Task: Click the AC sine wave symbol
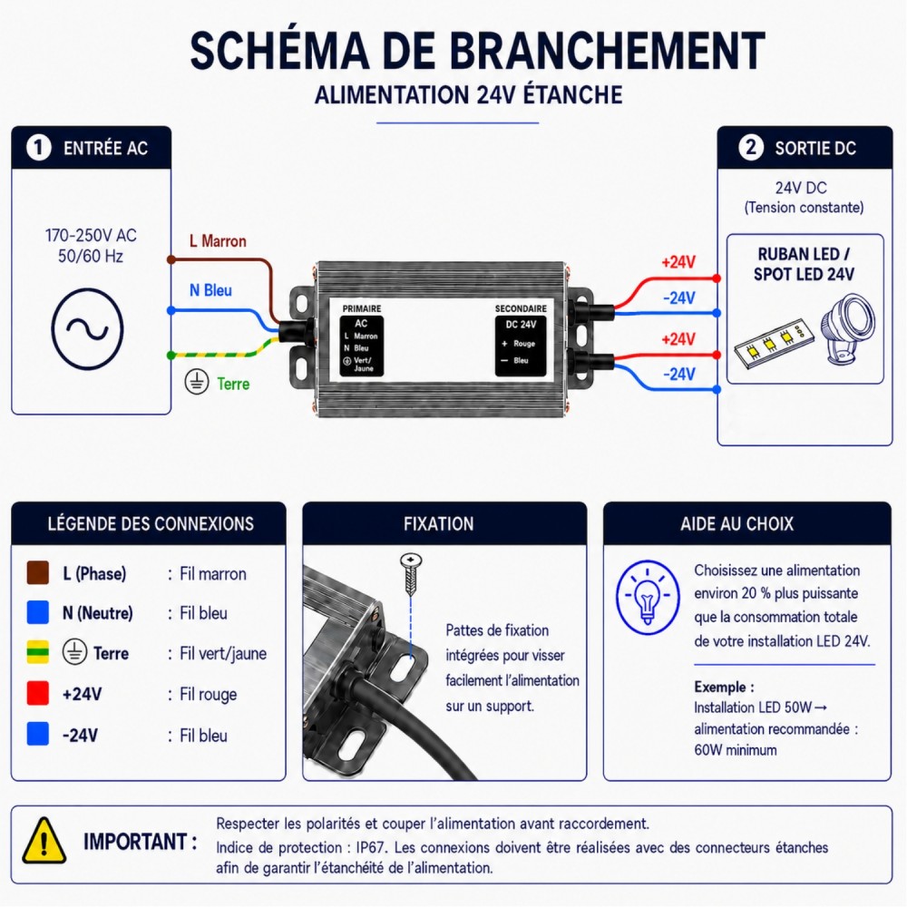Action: [87, 328]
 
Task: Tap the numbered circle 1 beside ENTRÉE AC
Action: [39, 148]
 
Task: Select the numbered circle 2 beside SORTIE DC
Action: [751, 148]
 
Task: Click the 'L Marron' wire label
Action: [218, 240]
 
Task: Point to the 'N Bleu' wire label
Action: [210, 290]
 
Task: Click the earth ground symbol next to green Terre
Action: [197, 383]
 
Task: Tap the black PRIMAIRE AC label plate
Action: [362, 346]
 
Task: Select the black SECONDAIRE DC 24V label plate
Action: [521, 346]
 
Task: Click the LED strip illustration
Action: [772, 346]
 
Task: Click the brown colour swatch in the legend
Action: [38, 572]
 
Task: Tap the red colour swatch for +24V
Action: [38, 693]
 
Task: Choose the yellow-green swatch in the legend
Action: [38, 652]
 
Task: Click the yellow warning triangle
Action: [44, 840]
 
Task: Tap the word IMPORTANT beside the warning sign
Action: [135, 842]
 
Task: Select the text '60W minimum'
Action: [736, 750]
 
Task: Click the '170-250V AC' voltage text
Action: [91, 236]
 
